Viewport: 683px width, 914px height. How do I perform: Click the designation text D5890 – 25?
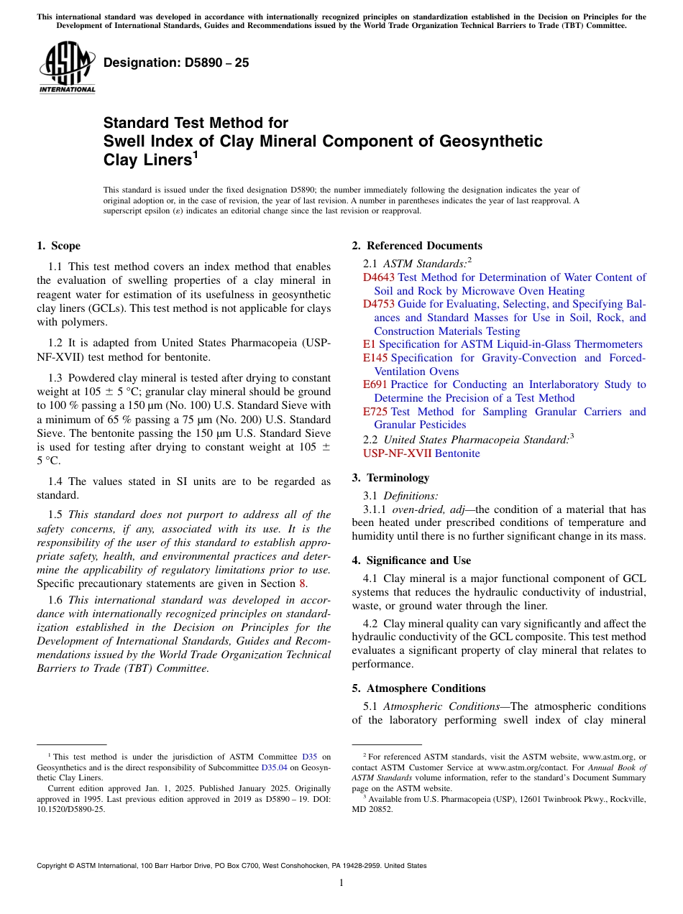(176, 63)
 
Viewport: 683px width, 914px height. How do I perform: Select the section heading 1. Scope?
(59, 246)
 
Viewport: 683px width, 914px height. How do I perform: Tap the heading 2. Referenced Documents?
(417, 246)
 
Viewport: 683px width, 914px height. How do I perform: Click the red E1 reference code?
(369, 344)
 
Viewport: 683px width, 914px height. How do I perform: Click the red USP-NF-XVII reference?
(397, 453)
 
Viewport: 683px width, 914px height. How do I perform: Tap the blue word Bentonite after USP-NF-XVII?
(457, 453)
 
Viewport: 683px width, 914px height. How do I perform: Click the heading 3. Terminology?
(398, 478)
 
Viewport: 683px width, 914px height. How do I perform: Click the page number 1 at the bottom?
(341, 882)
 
